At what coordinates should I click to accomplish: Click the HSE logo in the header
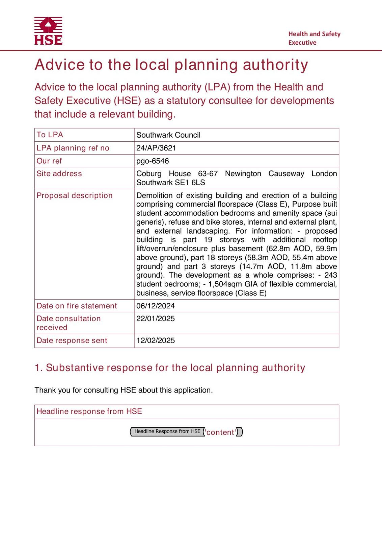point(48,31)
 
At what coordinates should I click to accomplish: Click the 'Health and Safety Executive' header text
point(314,38)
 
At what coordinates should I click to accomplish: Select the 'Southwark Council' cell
point(168,135)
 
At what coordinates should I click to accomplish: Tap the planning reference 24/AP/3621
point(156,148)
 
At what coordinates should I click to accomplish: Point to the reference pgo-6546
point(153,161)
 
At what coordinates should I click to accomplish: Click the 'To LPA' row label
point(50,135)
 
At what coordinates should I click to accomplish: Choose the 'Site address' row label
point(59,173)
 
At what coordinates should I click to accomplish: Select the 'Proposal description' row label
point(75,195)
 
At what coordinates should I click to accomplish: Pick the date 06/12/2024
point(156,306)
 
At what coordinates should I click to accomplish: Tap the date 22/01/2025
point(156,319)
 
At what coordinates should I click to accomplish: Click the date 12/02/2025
point(156,340)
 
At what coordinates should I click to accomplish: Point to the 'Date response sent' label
point(72,340)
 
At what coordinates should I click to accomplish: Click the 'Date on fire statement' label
point(77,306)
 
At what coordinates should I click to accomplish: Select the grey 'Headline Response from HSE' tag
point(167,431)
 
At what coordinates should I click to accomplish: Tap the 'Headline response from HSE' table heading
point(89,411)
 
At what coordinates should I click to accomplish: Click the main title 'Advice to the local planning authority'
point(171,65)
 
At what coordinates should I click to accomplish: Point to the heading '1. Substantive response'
point(170,368)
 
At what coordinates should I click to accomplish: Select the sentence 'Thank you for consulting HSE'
point(124,390)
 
